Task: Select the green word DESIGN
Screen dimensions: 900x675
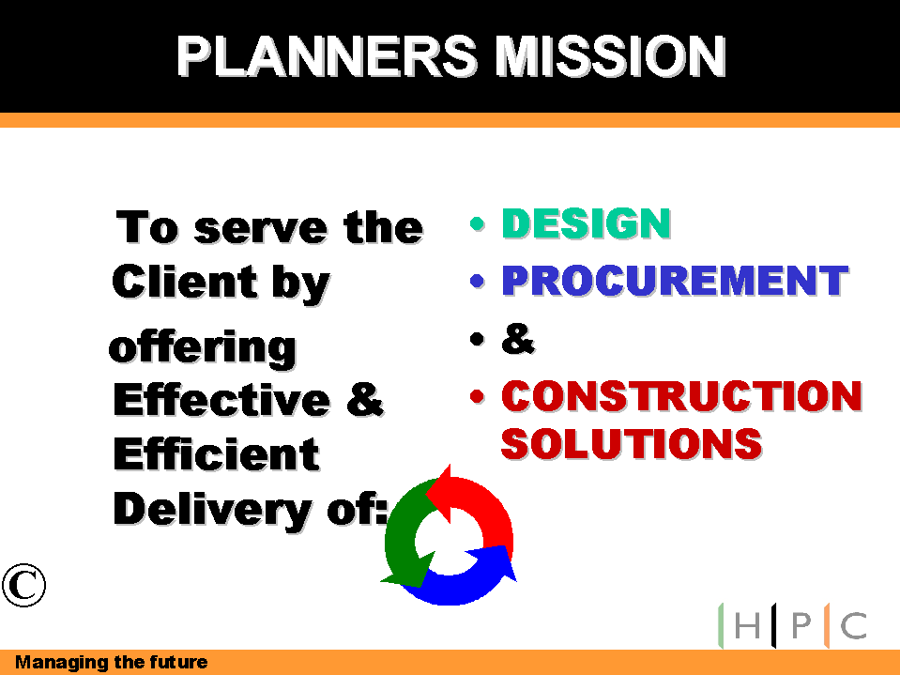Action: click(587, 223)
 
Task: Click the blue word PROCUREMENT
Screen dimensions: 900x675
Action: click(676, 281)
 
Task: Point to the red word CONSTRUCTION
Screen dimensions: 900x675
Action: click(682, 396)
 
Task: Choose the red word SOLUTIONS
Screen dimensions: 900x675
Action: click(632, 443)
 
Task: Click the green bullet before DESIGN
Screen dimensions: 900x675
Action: click(477, 223)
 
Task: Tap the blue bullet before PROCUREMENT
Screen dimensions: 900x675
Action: click(477, 281)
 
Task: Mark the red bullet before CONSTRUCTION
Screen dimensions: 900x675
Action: click(477, 396)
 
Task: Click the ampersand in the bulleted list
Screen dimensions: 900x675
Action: click(518, 339)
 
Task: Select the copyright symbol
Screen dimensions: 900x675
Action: click(23, 585)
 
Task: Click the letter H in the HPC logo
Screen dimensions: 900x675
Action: click(747, 625)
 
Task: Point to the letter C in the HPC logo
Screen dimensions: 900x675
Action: click(853, 625)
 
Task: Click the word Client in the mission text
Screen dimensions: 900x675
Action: click(185, 282)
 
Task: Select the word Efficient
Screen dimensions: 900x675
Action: click(216, 454)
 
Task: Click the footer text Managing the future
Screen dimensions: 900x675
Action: click(112, 663)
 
